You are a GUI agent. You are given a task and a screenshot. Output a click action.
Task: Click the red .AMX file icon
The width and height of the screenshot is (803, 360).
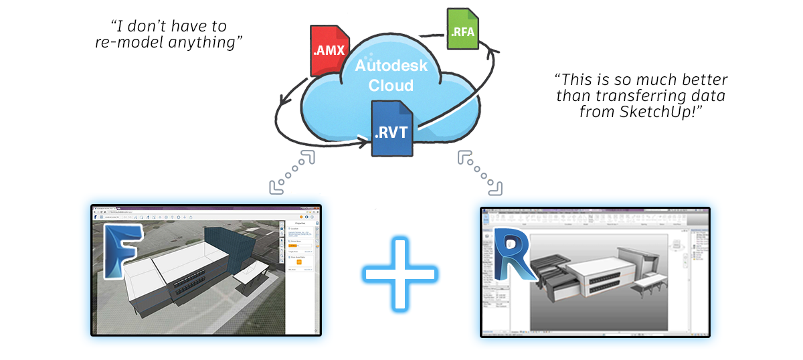tap(328, 50)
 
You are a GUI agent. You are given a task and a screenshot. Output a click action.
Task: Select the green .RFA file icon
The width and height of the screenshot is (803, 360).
tap(461, 30)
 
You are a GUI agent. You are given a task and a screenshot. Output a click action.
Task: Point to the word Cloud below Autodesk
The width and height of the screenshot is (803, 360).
tap(391, 86)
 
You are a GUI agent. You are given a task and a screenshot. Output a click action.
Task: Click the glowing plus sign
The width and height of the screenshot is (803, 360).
tap(399, 273)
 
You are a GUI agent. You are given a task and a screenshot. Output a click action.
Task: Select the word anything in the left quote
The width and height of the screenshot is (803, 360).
tap(212, 42)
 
